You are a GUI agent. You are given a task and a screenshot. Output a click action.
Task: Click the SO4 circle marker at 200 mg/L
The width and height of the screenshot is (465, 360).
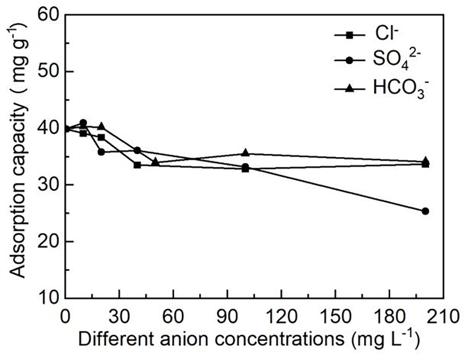tap(425, 211)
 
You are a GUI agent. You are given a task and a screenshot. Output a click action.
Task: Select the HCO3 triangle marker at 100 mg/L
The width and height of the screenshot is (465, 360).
tap(245, 153)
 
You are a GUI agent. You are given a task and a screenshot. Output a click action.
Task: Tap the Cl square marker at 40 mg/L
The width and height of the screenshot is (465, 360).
tap(137, 165)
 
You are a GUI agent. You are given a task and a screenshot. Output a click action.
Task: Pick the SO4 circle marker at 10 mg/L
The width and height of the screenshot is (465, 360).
tap(83, 123)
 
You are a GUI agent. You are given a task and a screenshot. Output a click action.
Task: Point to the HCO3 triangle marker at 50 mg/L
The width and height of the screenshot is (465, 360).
tap(155, 162)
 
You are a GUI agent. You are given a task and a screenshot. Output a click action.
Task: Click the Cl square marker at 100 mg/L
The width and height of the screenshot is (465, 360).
tap(245, 169)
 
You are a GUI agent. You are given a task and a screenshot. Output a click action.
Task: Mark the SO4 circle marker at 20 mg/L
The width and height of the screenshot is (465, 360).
tap(101, 152)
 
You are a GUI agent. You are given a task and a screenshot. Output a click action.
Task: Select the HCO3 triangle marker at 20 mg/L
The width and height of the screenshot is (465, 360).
tap(101, 126)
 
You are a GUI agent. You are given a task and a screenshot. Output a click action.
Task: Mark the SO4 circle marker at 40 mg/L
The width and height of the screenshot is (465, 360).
tap(137, 150)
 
